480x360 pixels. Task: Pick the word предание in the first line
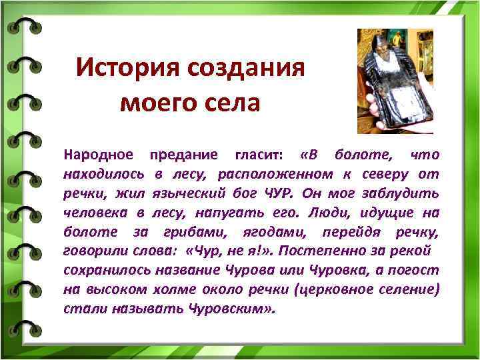tap(183, 155)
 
